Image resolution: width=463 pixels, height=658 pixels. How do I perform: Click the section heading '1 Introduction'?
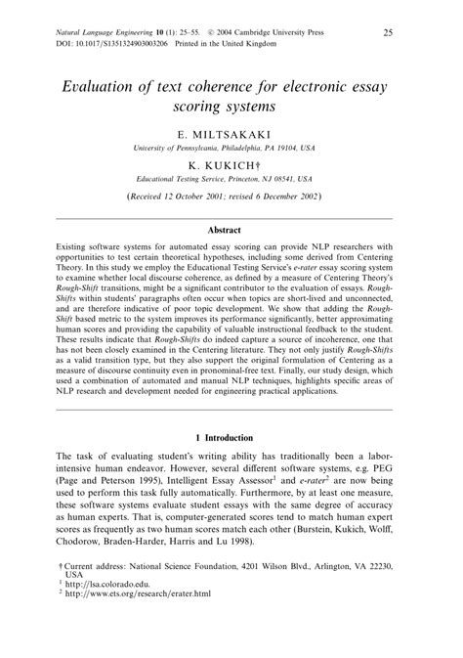231,437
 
